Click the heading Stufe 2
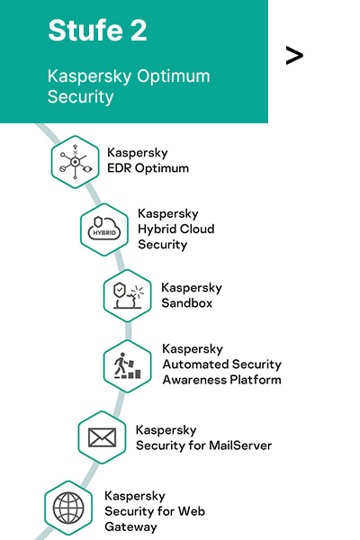pos(97,31)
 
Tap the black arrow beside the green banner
pos(294,56)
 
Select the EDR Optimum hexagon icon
pos(75,162)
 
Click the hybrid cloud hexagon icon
pos(104,229)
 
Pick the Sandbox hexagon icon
pos(128,296)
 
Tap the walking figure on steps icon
pos(128,366)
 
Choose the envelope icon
pos(102,437)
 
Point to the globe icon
pos(68,508)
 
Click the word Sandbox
pos(186,303)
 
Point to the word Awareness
pos(194,380)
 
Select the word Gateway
pos(130,526)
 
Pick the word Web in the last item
pos(191,511)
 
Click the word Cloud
pos(194,229)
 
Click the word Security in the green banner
pos(81,97)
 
